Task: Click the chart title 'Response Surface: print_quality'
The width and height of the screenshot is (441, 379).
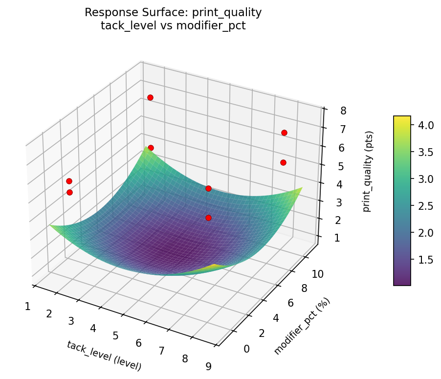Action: pos(173,13)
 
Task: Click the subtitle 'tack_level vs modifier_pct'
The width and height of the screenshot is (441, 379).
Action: pos(173,26)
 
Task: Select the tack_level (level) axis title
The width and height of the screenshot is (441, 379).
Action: pos(104,356)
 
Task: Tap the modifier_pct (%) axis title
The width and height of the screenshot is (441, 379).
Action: pos(302,326)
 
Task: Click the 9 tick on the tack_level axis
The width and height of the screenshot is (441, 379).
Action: pos(209,366)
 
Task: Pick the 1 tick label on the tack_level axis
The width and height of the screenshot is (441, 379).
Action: pos(27,307)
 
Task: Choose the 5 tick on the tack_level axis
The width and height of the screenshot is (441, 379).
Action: pos(115,335)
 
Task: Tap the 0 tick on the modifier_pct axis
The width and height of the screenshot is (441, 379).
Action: pos(246,349)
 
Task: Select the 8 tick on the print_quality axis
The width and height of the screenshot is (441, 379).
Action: pos(343,111)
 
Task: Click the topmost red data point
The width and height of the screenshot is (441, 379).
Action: pos(150,97)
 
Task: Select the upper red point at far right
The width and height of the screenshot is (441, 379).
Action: pos(284,133)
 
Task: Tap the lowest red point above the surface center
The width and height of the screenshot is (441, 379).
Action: pos(208,218)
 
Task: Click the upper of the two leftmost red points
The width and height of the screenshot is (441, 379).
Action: pos(69,181)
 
